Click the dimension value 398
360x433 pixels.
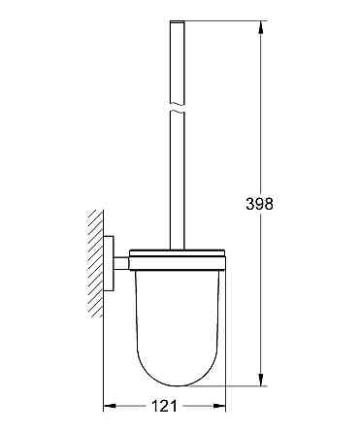click(261, 205)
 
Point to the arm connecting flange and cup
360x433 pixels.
click(120, 261)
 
